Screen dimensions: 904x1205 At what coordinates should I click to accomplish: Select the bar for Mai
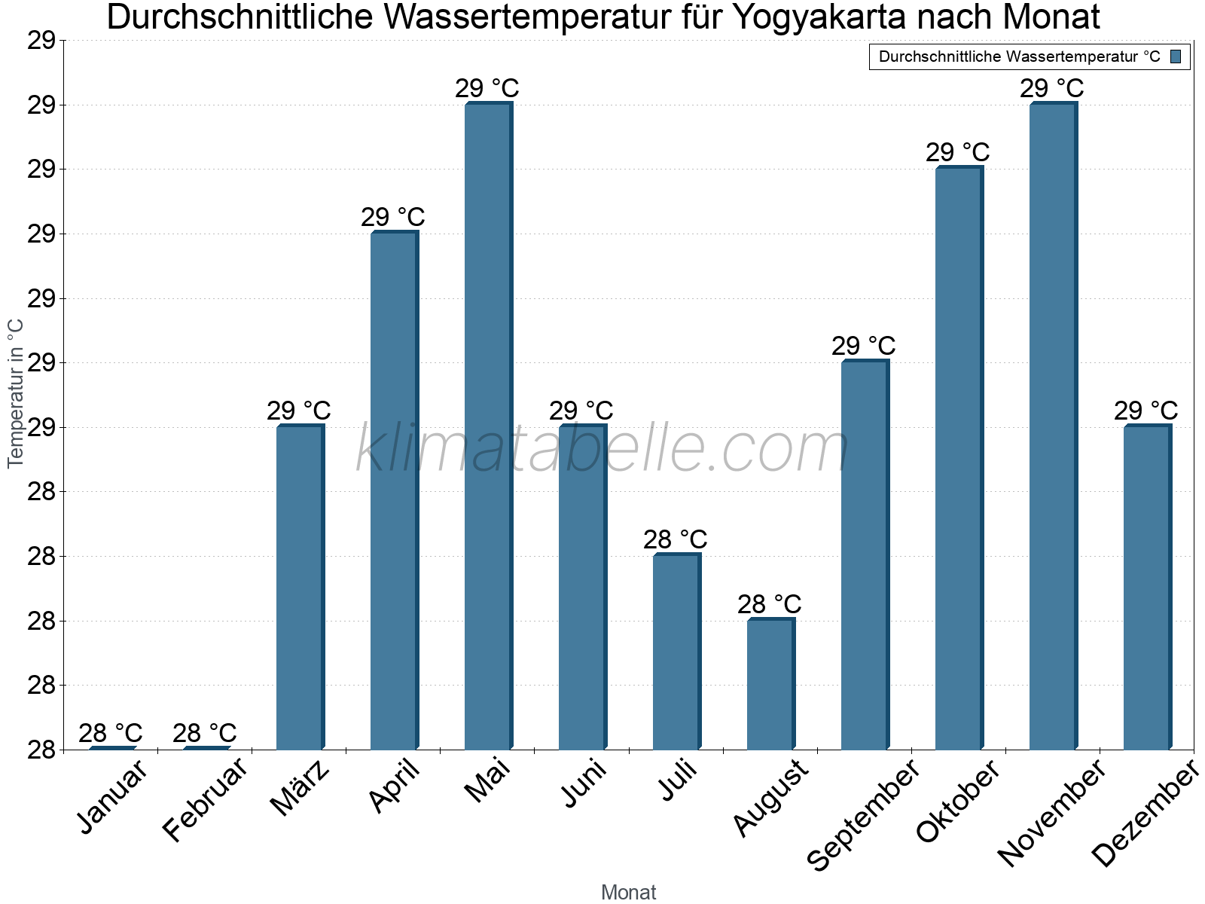point(488,426)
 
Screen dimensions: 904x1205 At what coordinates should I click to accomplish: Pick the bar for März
point(300,588)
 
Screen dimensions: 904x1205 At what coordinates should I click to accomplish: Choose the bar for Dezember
point(1147,588)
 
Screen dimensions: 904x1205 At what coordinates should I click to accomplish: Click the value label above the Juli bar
point(676,539)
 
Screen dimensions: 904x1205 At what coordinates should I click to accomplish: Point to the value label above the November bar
point(1052,88)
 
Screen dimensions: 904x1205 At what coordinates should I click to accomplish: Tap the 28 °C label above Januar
point(111,732)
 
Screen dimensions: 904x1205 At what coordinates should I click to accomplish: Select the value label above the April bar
point(393,217)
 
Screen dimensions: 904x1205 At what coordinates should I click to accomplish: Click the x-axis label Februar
point(205,800)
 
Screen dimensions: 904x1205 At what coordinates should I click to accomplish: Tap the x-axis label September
point(863,814)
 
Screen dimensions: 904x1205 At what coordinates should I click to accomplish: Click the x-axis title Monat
point(629,892)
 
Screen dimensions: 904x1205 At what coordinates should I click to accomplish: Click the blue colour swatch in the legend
point(1176,56)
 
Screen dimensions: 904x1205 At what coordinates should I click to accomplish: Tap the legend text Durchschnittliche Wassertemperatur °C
point(1019,56)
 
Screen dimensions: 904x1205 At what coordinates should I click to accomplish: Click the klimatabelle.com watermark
point(602,449)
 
